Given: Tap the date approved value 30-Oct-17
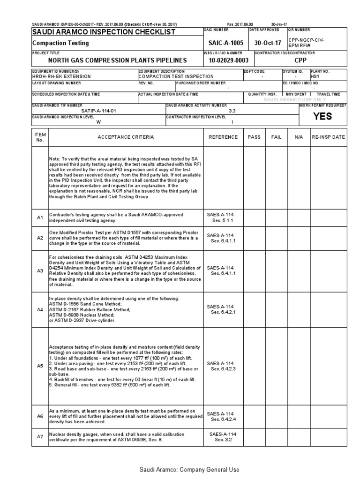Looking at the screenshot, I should pos(268,43).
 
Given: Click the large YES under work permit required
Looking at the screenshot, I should pos(322,117).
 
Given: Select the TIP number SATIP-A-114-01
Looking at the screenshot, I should pos(98,111).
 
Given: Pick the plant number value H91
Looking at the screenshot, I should pos(316,76).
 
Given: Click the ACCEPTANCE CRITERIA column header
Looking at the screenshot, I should pos(125,137).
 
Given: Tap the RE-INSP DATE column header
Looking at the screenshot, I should pos(328,137).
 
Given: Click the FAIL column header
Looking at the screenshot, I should pos(277,137).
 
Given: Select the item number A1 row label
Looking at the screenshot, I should pos(40,217).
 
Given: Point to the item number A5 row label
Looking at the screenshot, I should pos(40,366).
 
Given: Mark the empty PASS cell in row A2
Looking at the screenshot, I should pos(254,238).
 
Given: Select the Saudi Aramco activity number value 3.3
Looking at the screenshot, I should pos(232,111).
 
